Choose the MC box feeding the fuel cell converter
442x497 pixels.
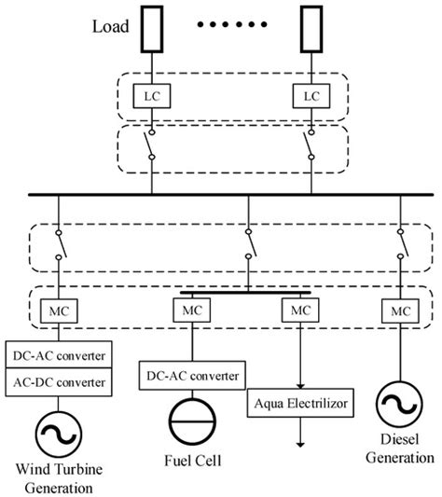pos(192,309)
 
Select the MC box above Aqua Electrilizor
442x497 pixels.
pos(299,309)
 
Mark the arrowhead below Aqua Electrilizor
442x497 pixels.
pos(300,443)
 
